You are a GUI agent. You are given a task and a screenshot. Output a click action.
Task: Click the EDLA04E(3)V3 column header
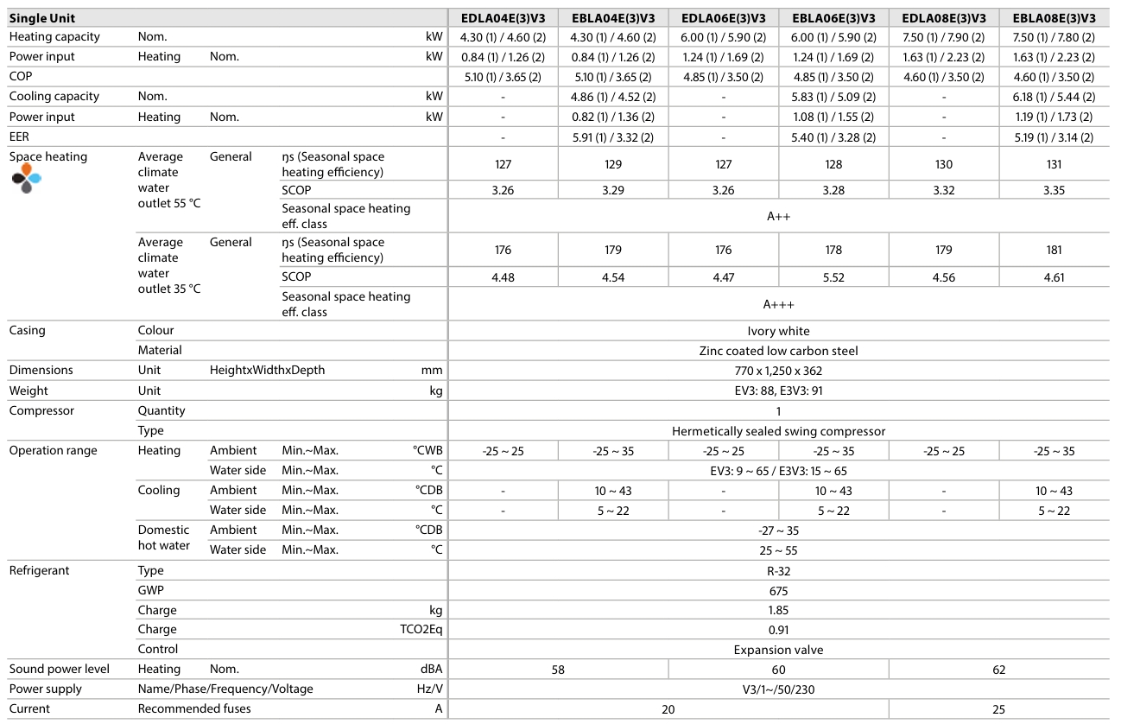click(x=503, y=17)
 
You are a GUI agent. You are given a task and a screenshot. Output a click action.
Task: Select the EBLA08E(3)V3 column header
click(x=1054, y=17)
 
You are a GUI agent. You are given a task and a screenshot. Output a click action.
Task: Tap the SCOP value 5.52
click(x=833, y=277)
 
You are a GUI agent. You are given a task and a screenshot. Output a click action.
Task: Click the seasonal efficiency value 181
click(x=1054, y=251)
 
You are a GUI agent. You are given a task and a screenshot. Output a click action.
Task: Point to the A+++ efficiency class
click(x=778, y=304)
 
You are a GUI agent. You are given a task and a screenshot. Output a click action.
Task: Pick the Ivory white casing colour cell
click(x=778, y=331)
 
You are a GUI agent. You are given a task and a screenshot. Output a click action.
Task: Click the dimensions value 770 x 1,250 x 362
click(x=778, y=371)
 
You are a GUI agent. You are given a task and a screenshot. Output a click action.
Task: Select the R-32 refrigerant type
click(x=778, y=571)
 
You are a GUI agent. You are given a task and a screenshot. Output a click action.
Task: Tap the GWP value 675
click(x=778, y=591)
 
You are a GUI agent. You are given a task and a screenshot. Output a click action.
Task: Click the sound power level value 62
click(x=998, y=670)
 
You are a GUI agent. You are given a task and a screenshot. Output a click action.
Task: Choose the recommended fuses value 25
click(x=998, y=709)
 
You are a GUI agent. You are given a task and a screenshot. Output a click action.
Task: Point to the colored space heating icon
click(x=27, y=177)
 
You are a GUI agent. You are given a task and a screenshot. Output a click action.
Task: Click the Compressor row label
click(x=41, y=411)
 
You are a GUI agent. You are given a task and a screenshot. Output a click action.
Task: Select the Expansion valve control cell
click(x=778, y=650)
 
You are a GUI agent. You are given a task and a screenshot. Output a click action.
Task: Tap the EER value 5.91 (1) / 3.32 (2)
click(x=613, y=137)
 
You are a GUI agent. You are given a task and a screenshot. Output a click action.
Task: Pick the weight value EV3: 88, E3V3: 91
click(x=778, y=391)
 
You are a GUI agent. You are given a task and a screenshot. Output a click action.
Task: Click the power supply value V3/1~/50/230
click(x=778, y=689)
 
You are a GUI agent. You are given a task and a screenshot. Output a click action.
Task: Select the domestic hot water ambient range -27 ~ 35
click(x=778, y=530)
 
